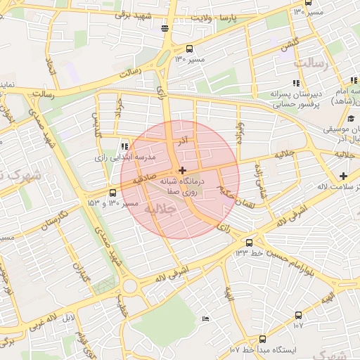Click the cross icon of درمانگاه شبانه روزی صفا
182,170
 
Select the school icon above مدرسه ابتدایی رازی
124,146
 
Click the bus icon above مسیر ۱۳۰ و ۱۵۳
113,193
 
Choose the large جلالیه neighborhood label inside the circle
158,209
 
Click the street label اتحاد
50,67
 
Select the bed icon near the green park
205,319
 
